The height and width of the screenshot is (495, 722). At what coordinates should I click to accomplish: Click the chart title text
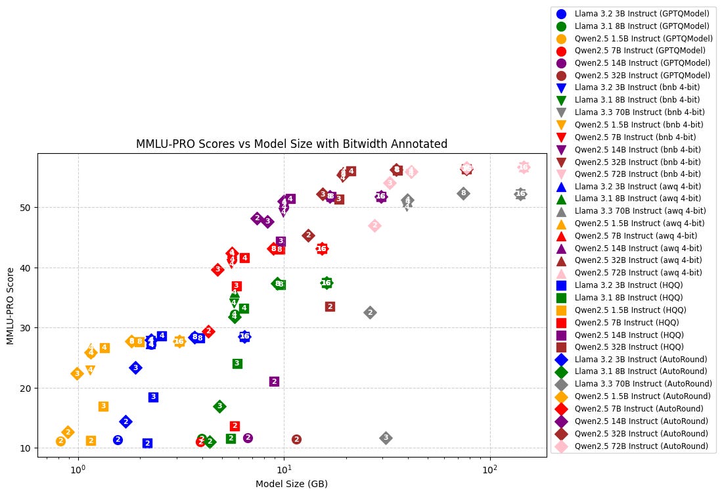(x=292, y=143)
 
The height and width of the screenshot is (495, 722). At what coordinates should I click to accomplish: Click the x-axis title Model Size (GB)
(x=292, y=484)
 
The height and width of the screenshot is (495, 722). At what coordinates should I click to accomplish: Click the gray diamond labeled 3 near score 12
(x=386, y=438)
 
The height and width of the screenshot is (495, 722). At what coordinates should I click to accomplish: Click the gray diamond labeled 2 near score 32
(x=370, y=312)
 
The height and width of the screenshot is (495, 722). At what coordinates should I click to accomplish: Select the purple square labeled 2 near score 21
(x=274, y=381)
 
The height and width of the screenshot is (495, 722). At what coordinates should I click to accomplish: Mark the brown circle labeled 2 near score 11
(x=296, y=439)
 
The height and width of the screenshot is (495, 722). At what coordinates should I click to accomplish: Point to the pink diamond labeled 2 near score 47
(x=374, y=225)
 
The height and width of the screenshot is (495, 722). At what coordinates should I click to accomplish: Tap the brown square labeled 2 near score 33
(x=330, y=306)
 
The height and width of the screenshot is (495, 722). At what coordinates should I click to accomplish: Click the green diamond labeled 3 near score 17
(x=220, y=406)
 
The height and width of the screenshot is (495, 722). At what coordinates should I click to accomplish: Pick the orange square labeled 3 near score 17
(x=103, y=406)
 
